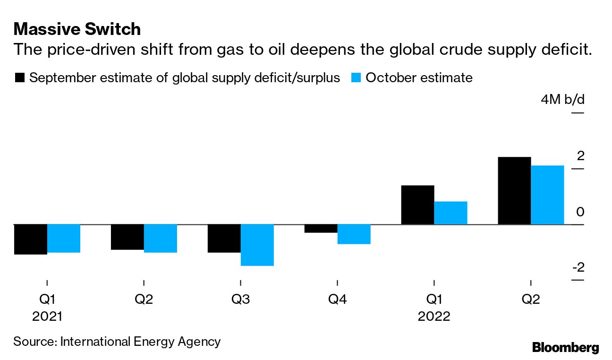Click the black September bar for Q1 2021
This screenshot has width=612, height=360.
pyautogui.click(x=30, y=239)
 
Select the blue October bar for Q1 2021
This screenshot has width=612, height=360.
pyautogui.click(x=64, y=238)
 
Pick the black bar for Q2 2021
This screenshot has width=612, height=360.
pyautogui.click(x=127, y=237)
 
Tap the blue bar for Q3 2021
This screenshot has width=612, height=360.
pyautogui.click(x=257, y=245)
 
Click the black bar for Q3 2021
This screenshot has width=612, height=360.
pyautogui.click(x=224, y=238)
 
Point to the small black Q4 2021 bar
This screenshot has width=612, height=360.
pyautogui.click(x=321, y=229)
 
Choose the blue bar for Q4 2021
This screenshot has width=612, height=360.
pyautogui.click(x=354, y=234)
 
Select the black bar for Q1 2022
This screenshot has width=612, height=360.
pyautogui.click(x=417, y=205)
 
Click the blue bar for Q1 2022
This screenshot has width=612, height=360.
pyautogui.click(x=450, y=213)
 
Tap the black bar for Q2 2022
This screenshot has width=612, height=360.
pyautogui.click(x=514, y=190)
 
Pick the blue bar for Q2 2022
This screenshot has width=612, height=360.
pyautogui.click(x=547, y=195)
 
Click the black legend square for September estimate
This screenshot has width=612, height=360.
pyautogui.click(x=20, y=78)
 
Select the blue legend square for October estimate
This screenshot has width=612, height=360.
pyautogui.click(x=357, y=78)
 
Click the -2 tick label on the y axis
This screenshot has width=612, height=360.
pyautogui.click(x=578, y=268)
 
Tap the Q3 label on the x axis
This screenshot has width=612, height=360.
pyautogui.click(x=241, y=300)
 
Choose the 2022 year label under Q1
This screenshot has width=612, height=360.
pyautogui.click(x=434, y=316)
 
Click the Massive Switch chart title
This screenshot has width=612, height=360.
pyautogui.click(x=77, y=29)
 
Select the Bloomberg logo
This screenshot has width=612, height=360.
pyautogui.click(x=566, y=348)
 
